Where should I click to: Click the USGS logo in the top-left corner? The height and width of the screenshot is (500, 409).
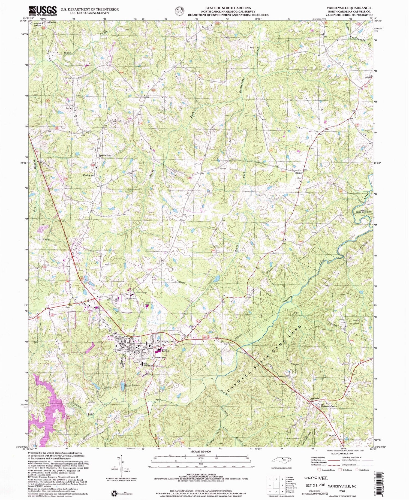pos(43,11)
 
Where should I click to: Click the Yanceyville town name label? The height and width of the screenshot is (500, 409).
pos(165,341)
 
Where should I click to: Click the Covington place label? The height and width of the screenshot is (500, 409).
pos(89,175)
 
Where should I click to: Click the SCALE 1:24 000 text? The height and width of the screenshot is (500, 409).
pos(201,451)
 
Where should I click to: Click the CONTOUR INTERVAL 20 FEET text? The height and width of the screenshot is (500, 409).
pos(201,475)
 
